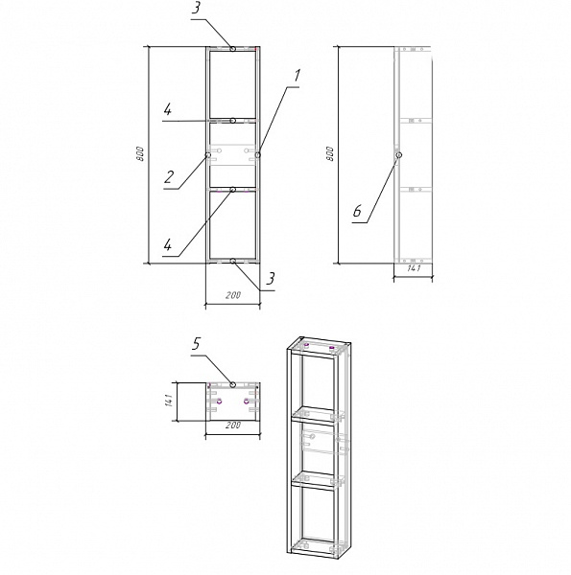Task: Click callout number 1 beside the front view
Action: [x=297, y=76]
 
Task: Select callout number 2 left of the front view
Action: [x=169, y=177]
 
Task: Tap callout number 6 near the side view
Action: [x=357, y=211]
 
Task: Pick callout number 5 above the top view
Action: [x=196, y=344]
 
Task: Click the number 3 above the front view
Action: [x=196, y=8]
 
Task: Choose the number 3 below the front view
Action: [x=270, y=279]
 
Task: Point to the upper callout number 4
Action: [x=167, y=109]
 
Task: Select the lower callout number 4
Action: [x=167, y=244]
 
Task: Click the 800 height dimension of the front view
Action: [x=140, y=154]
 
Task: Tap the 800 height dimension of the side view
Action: [x=330, y=154]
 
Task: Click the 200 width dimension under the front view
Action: [x=233, y=295]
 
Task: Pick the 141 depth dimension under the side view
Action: [x=414, y=268]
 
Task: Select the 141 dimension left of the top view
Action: [x=169, y=401]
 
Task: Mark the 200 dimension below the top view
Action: [x=233, y=425]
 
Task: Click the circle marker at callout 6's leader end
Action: [x=399, y=155]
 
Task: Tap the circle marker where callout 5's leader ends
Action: [x=233, y=384]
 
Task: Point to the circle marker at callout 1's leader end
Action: [x=258, y=155]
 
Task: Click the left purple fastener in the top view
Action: [x=219, y=401]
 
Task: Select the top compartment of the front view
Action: [x=232, y=84]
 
